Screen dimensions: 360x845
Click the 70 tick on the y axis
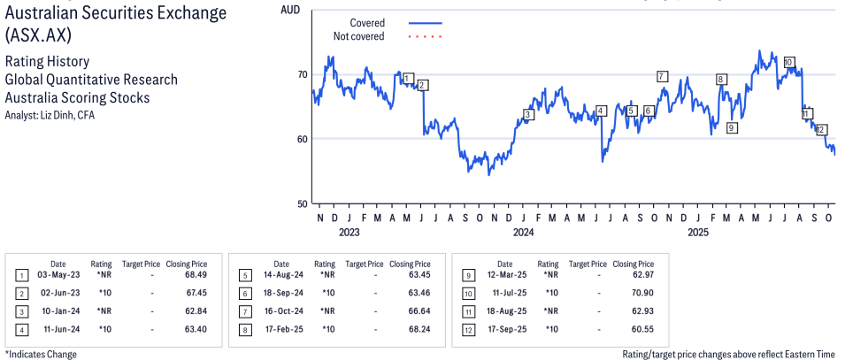tap(302, 74)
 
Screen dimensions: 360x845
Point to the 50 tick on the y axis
tap(302, 203)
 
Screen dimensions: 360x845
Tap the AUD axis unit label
tap(289, 9)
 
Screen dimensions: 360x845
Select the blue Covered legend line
tap(426, 23)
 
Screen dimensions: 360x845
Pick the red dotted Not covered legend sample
tap(426, 36)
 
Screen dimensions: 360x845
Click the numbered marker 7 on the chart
tap(662, 76)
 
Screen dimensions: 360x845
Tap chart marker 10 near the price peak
tap(788, 63)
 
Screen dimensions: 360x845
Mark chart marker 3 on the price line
tap(528, 114)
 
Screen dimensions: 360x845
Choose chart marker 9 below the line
tap(731, 128)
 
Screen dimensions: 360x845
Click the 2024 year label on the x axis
tap(523, 233)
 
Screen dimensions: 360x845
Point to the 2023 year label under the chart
tap(349, 233)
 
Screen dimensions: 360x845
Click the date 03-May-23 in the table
tap(58, 276)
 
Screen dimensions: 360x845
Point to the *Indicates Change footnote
tap(41, 354)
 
